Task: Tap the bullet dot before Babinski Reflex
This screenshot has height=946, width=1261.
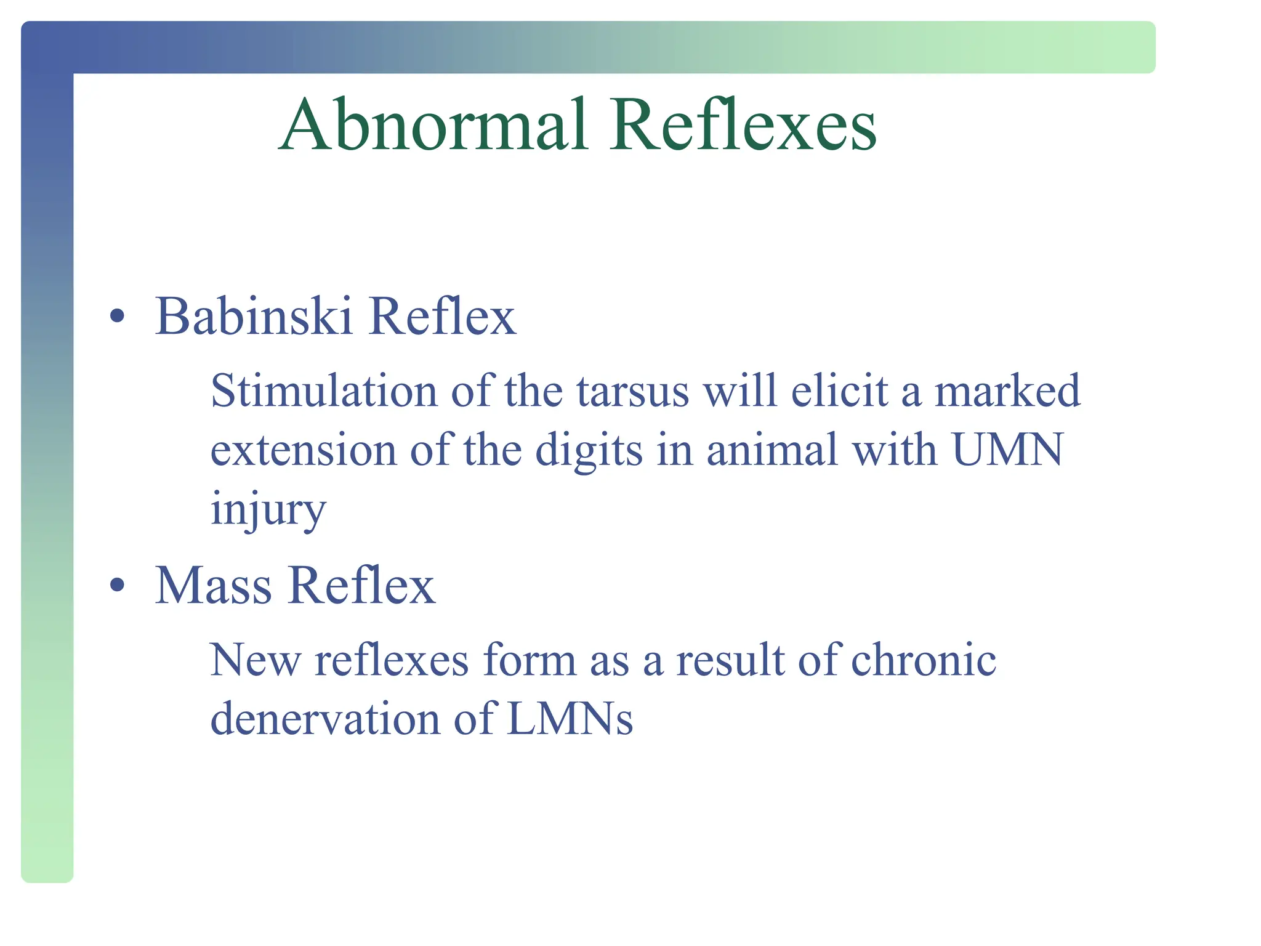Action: point(116,317)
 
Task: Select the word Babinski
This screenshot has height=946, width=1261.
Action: point(253,317)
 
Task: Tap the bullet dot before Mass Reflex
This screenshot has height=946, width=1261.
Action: point(116,585)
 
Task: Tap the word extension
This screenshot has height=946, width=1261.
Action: point(304,450)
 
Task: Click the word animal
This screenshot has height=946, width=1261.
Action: point(772,450)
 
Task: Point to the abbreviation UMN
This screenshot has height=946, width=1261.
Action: point(1007,450)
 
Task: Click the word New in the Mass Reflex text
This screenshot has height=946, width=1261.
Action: point(255,660)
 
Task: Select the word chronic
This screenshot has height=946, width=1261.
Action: point(924,660)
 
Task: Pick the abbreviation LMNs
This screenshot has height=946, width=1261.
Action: point(570,719)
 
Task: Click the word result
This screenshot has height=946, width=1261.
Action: point(730,660)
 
